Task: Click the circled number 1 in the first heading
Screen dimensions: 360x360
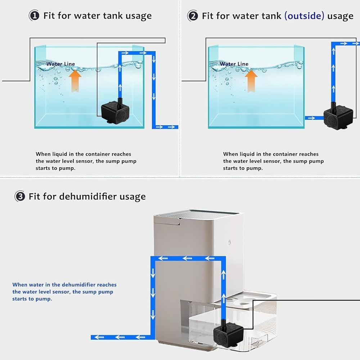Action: click(x=34, y=15)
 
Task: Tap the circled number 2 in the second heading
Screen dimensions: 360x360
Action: click(x=193, y=16)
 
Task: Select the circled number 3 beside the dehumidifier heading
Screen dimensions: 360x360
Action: click(x=20, y=196)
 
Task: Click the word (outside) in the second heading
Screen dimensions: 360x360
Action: click(x=304, y=16)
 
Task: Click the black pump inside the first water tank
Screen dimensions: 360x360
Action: click(x=115, y=111)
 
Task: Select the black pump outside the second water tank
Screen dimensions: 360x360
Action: click(x=338, y=116)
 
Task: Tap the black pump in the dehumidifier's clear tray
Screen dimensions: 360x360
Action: click(x=228, y=332)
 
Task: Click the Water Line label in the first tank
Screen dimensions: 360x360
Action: click(x=60, y=64)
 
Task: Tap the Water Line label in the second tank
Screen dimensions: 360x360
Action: click(x=234, y=64)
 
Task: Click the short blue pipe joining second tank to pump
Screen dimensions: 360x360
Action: click(x=314, y=118)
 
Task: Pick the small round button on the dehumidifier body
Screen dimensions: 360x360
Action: click(x=229, y=242)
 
